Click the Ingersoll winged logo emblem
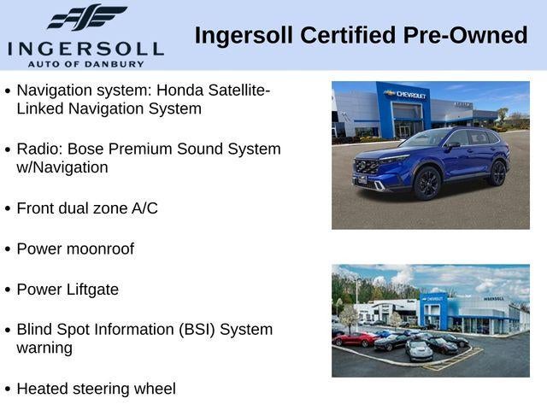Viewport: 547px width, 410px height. click(87, 18)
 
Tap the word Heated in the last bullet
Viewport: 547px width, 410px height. click(44, 389)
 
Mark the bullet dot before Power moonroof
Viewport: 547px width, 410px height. click(8, 249)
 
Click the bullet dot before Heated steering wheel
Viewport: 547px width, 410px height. click(8, 389)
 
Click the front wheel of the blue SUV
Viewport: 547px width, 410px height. click(426, 183)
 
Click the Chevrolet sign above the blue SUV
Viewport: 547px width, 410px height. click(404, 93)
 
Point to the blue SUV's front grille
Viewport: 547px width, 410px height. click(368, 165)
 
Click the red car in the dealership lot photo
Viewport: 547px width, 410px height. click(354, 339)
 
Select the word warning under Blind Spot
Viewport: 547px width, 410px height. click(44, 348)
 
